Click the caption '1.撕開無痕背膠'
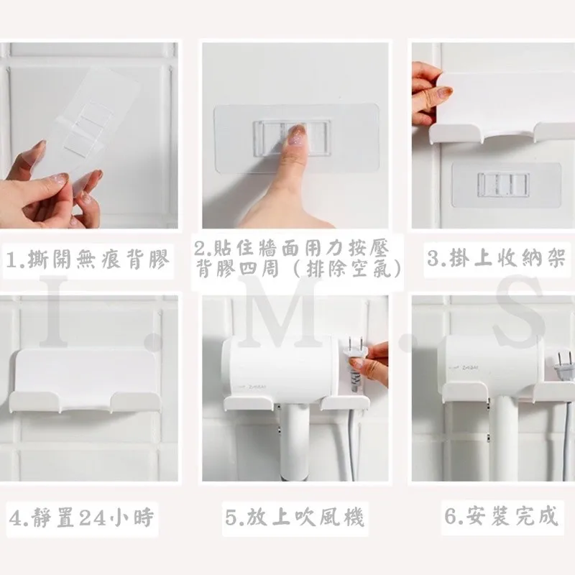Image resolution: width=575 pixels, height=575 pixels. click(x=88, y=259)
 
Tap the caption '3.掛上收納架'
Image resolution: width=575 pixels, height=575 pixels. click(x=496, y=258)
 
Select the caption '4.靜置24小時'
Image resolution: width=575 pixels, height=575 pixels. click(x=81, y=517)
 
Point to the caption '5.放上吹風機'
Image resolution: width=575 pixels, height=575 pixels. click(x=295, y=517)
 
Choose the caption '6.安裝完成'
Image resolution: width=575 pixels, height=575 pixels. click(x=501, y=515)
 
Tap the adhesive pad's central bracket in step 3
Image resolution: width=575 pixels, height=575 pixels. click(x=504, y=185)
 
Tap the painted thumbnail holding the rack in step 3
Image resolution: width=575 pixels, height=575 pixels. click(x=445, y=93)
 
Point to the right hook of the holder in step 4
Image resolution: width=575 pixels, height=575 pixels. click(x=135, y=402)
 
